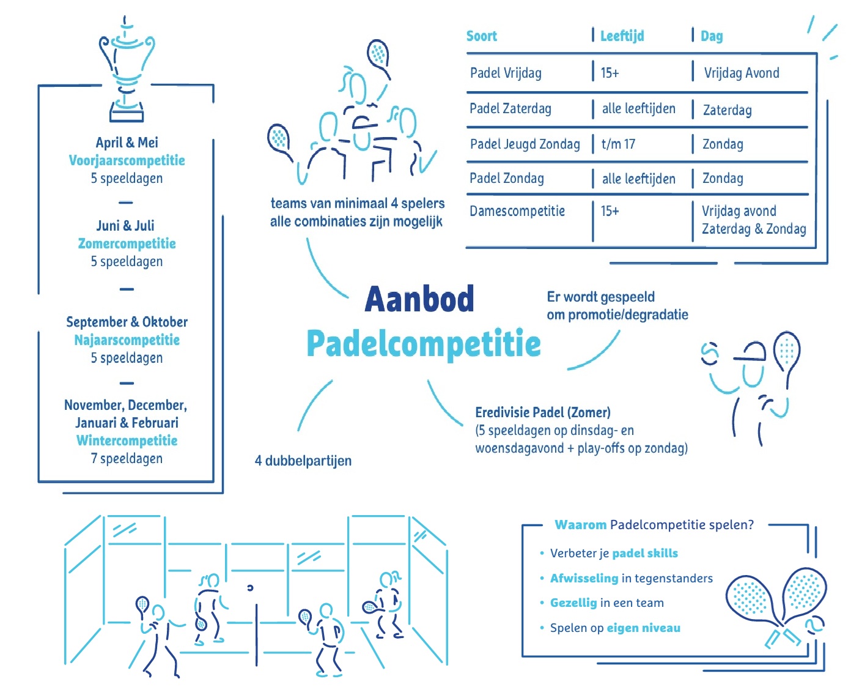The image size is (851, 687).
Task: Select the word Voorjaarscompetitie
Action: (127, 160)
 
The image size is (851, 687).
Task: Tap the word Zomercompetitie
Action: (127, 243)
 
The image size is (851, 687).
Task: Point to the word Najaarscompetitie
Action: (127, 340)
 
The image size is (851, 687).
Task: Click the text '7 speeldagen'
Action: (127, 458)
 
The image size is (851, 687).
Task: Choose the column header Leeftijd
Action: (622, 36)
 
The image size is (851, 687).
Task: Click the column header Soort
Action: (481, 36)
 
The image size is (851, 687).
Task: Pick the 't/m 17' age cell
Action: (618, 144)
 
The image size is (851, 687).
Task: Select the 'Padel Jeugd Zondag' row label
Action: (525, 144)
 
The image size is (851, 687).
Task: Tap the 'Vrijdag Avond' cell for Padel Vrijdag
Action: (742, 73)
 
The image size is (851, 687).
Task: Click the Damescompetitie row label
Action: (517, 211)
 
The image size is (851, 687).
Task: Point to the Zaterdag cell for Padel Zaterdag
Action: (728, 110)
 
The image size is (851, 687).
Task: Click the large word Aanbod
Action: (419, 299)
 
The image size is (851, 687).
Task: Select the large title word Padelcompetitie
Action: (424, 344)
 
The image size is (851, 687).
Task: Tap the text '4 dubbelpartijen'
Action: (303, 461)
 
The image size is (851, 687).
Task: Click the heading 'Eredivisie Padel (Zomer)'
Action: (542, 412)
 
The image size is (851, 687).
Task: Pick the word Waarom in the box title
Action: (580, 525)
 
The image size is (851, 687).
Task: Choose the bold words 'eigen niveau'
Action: (643, 628)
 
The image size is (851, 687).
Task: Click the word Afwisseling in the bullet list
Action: (584, 578)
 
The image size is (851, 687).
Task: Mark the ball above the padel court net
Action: (250, 588)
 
